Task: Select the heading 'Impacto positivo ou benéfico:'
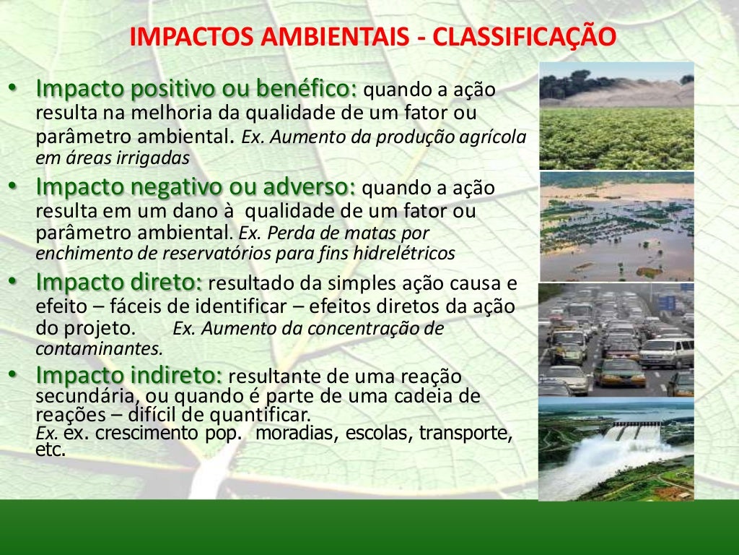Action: tap(196, 90)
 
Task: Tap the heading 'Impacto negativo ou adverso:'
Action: tap(196, 186)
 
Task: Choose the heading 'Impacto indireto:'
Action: tap(129, 375)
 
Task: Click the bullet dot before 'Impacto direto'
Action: tap(12, 280)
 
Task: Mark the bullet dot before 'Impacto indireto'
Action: tap(12, 374)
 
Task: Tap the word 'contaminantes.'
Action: tap(100, 348)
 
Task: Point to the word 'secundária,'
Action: tap(86, 396)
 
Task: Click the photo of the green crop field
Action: tap(616, 116)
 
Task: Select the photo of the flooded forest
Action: tap(616, 226)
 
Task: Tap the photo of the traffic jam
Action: tap(616, 339)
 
